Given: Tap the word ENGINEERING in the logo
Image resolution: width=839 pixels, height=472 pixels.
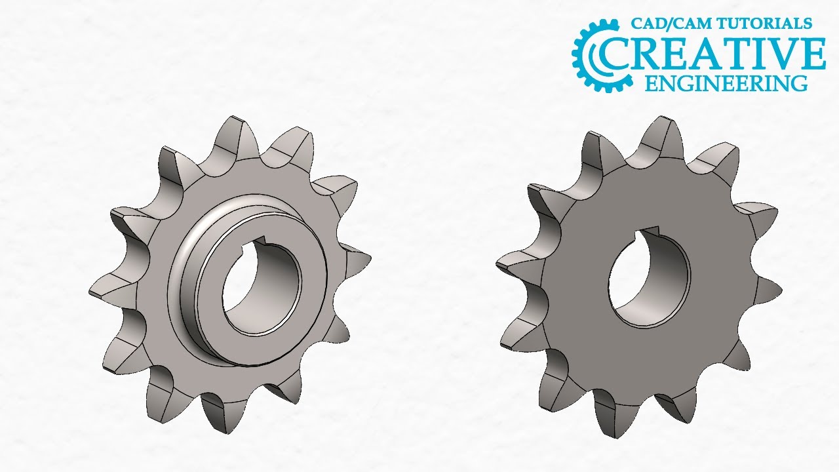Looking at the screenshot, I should click(726, 83).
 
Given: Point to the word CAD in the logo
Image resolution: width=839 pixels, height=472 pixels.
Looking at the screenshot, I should click(646, 24).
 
